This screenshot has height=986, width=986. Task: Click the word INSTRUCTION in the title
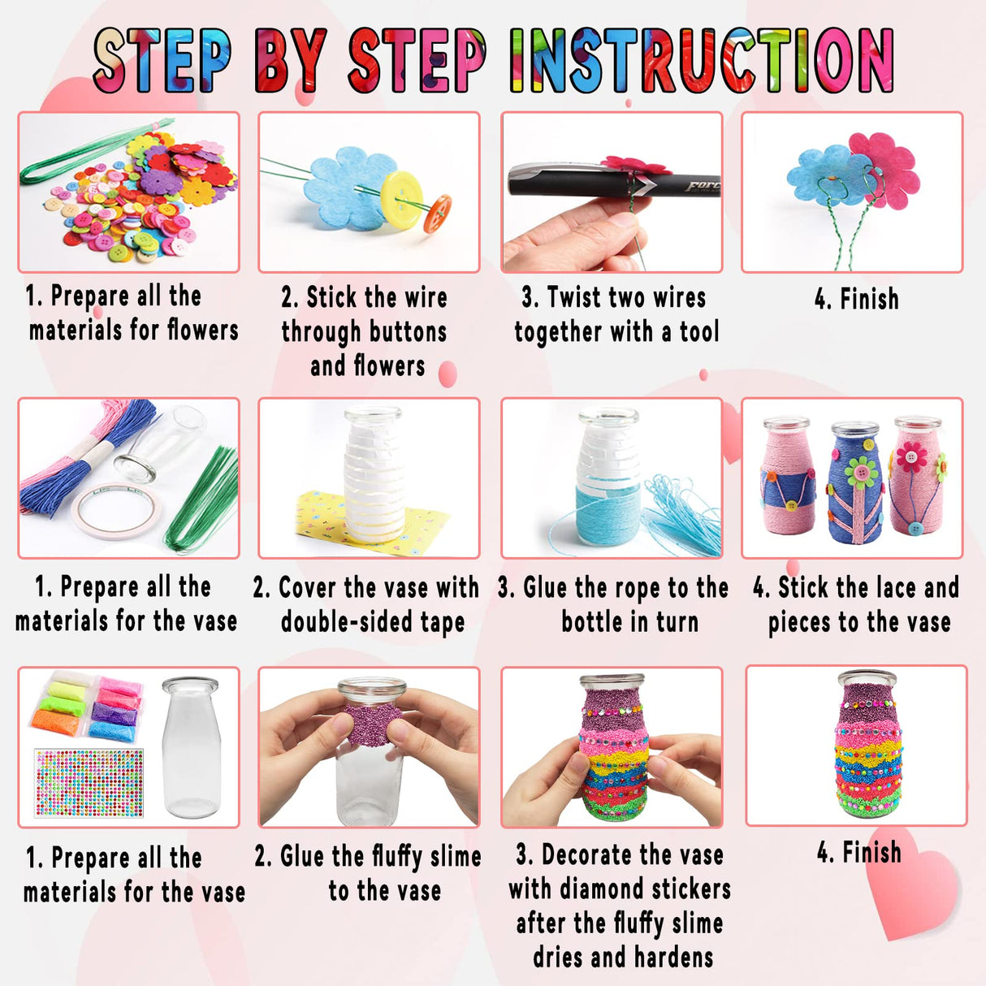(702, 60)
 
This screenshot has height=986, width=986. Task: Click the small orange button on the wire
(438, 214)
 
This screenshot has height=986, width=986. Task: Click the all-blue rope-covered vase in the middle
(854, 479)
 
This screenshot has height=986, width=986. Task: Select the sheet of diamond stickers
(89, 782)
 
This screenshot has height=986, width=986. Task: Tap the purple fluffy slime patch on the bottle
(370, 725)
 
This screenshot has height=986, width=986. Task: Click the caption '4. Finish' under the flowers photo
(856, 299)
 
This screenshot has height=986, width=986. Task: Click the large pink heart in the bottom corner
(910, 893)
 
